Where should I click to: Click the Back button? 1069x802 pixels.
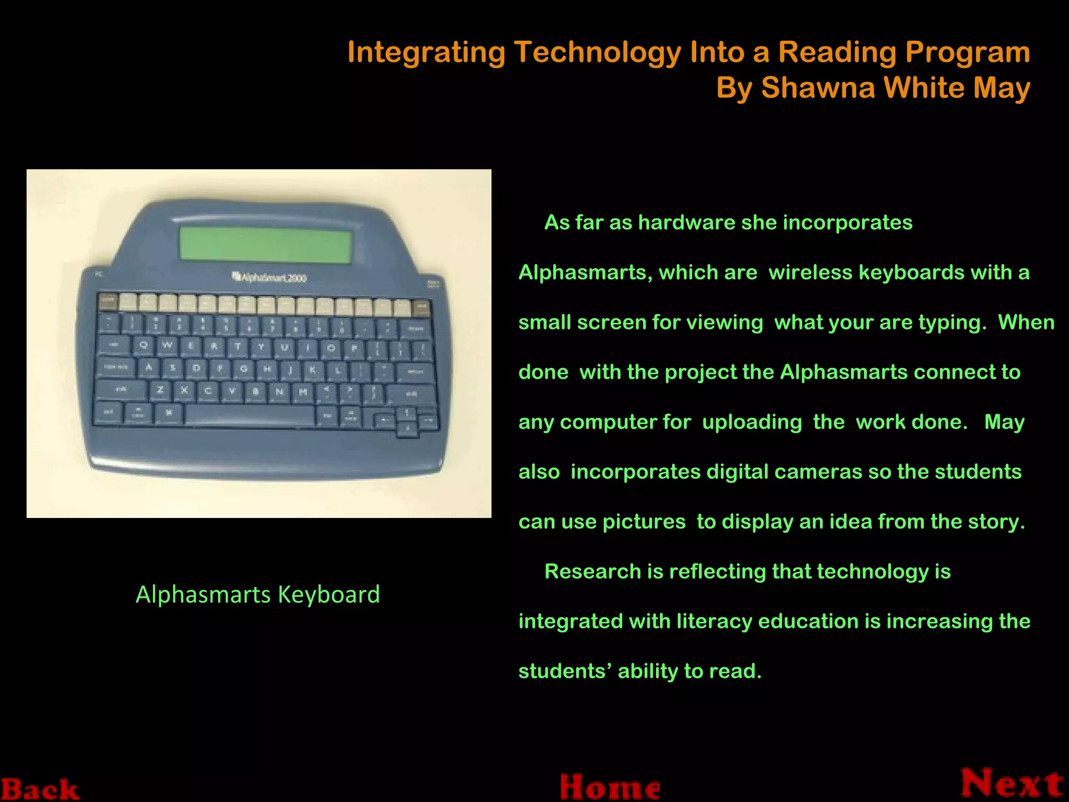coord(40,788)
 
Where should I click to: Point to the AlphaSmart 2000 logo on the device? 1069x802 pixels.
coord(269,277)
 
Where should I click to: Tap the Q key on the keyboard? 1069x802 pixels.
coord(144,345)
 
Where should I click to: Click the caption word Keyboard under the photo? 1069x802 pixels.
coord(329,595)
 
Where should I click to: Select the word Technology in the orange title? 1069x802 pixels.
coord(598,52)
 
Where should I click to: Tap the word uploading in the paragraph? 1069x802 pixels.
coord(752,422)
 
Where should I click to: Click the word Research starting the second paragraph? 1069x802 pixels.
coord(592,572)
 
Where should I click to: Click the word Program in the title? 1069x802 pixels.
coord(967,52)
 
